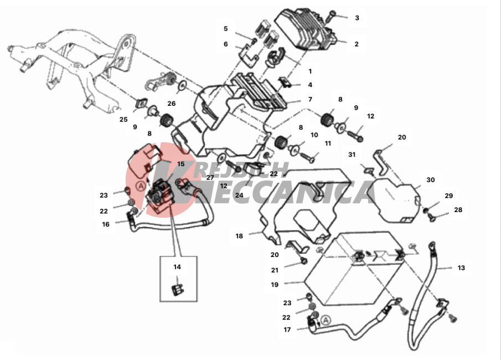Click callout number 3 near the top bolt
[357, 18]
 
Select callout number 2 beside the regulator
[357, 44]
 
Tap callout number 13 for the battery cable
[461, 268]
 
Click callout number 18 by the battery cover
[239, 236]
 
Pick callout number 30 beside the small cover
[431, 180]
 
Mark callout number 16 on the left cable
[106, 224]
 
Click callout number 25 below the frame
[123, 119]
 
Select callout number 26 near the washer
[172, 104]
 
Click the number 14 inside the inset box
[177, 267]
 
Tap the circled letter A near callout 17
[326, 320]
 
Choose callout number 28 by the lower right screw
[458, 210]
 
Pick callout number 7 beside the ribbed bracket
[310, 100]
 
